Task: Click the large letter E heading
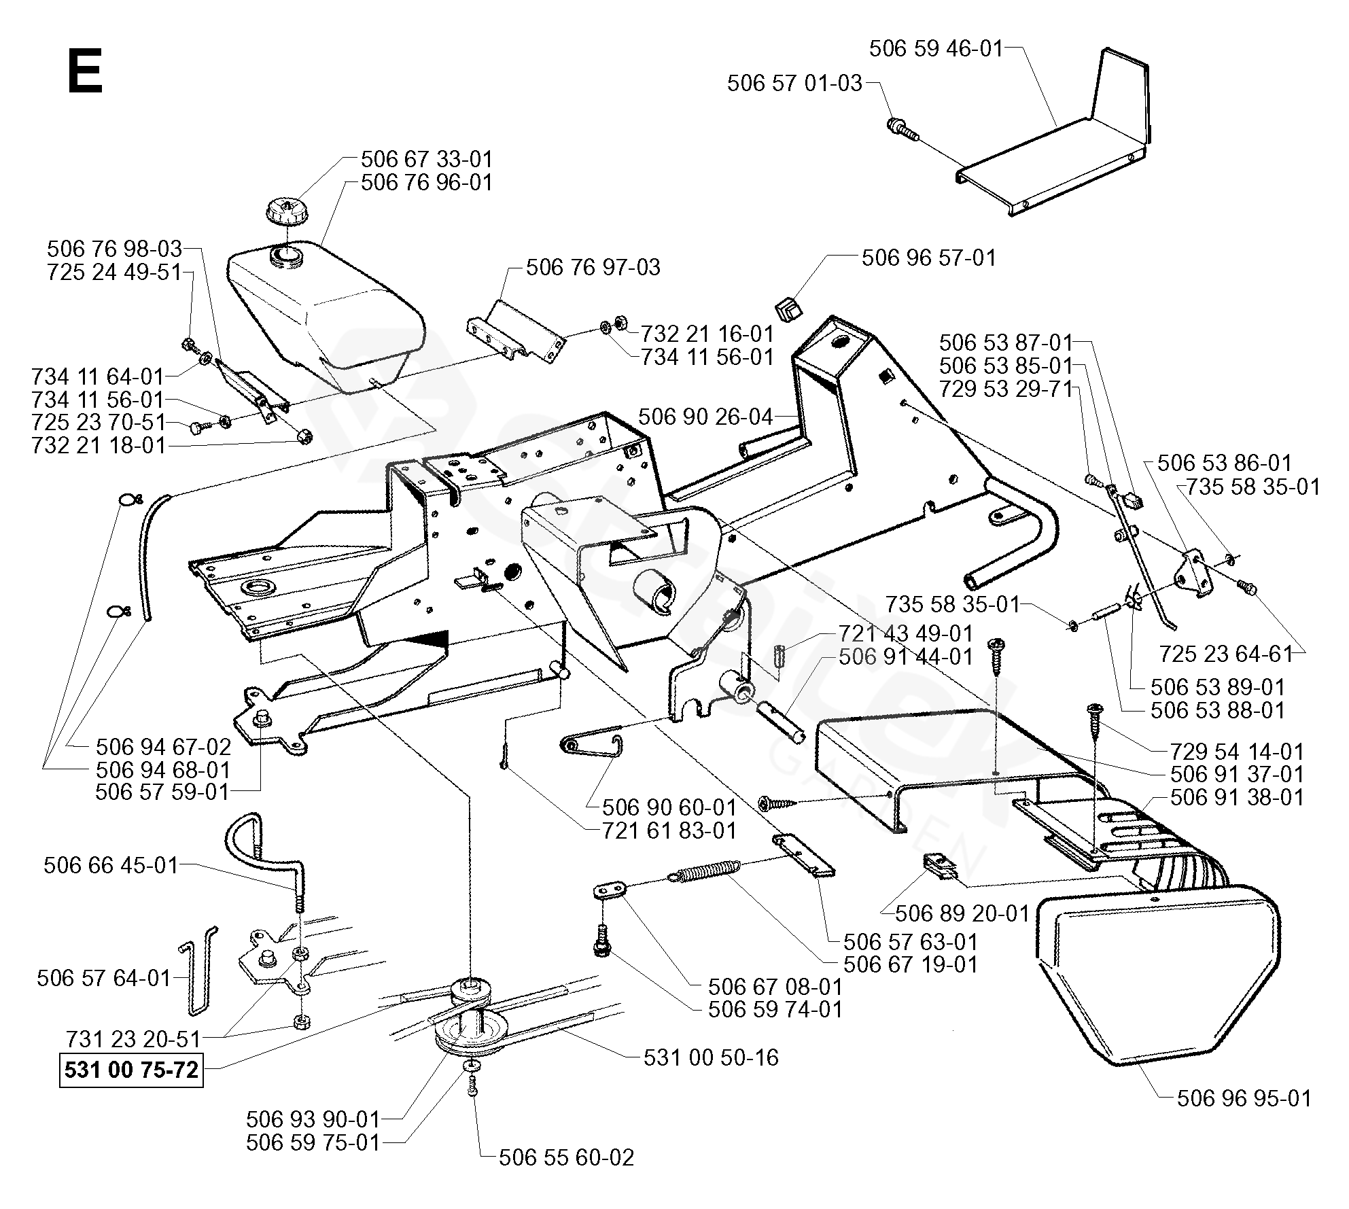click(x=85, y=73)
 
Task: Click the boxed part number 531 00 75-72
click(x=131, y=1070)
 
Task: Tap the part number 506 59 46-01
click(x=936, y=48)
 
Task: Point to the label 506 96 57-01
click(x=929, y=258)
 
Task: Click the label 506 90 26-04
click(x=706, y=417)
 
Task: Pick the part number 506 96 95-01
click(x=1244, y=1098)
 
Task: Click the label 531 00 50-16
click(x=711, y=1057)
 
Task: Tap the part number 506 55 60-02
click(x=567, y=1157)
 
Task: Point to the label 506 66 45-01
click(x=111, y=865)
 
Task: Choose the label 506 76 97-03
click(x=593, y=267)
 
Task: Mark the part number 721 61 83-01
click(x=669, y=830)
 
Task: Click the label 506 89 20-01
click(x=963, y=913)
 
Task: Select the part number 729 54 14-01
click(x=1238, y=752)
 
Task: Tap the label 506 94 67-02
click(x=163, y=747)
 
